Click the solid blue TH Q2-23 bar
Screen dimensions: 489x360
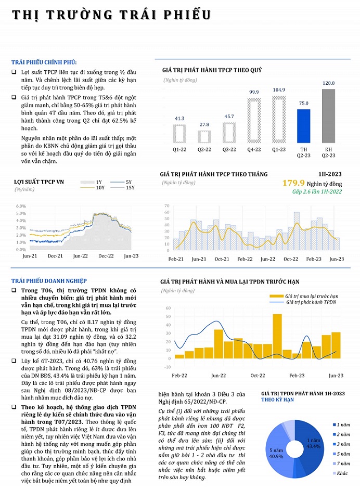303,126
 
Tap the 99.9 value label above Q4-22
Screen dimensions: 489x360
254,92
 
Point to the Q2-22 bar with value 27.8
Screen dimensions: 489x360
204,136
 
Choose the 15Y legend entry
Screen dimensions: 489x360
130,187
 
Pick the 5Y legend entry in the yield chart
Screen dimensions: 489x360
128,182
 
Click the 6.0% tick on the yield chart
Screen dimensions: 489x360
21,206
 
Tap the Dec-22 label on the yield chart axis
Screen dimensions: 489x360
106,256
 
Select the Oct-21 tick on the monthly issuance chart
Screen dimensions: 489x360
222,259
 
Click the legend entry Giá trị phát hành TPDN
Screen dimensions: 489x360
311,302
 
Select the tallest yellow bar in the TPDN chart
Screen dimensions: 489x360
277,336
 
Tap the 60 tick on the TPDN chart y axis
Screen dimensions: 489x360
168,308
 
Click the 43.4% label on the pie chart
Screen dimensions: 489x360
313,447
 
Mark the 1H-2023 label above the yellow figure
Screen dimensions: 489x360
330,174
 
